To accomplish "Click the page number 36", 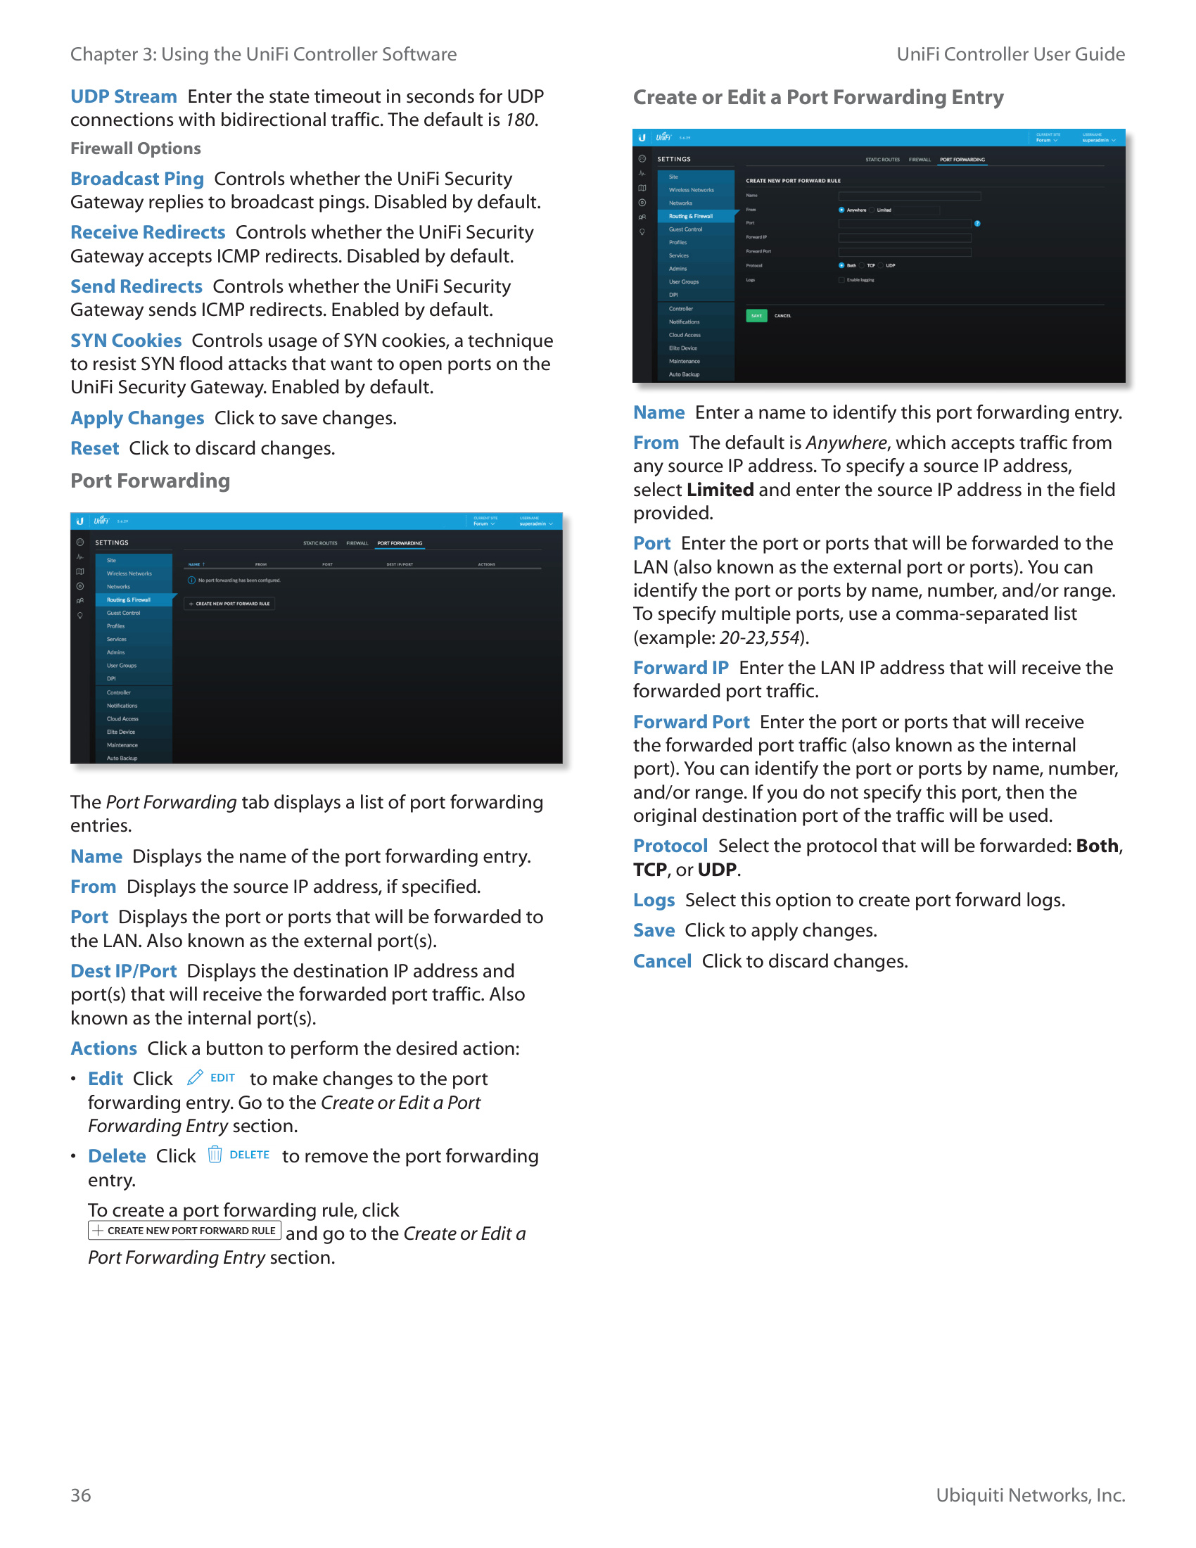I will [x=81, y=1495].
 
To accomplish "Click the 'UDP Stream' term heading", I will [x=123, y=96].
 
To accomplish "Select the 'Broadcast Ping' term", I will [x=136, y=179].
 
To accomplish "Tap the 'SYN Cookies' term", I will [x=125, y=341].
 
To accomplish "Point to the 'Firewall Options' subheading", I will [x=135, y=148].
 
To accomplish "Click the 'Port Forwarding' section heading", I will [x=151, y=481].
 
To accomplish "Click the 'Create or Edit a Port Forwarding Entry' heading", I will [x=818, y=97].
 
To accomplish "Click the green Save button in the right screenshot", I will [x=756, y=315].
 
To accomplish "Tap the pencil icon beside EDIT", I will [x=195, y=1078].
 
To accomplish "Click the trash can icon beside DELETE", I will [x=215, y=1155].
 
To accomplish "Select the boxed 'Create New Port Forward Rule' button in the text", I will [x=184, y=1231].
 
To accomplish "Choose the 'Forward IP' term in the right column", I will [x=680, y=668].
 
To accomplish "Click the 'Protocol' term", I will [x=670, y=846].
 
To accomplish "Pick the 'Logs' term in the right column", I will [x=654, y=900].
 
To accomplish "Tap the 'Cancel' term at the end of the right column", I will [x=662, y=961].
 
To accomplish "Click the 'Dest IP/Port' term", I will [x=123, y=971].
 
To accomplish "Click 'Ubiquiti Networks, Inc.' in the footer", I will [x=1029, y=1495].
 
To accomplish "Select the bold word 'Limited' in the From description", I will [x=720, y=490].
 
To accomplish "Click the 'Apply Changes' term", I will [x=136, y=418].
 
